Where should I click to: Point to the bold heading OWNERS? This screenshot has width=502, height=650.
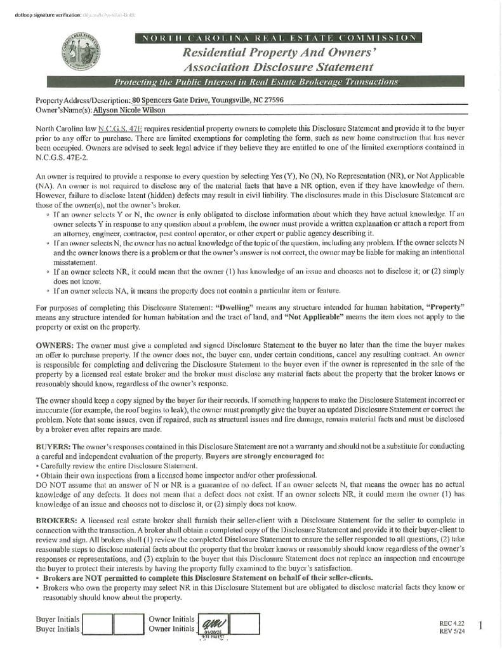55,344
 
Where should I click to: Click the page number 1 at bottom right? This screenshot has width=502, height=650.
480,626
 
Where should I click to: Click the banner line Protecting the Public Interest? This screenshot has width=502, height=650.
256,82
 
